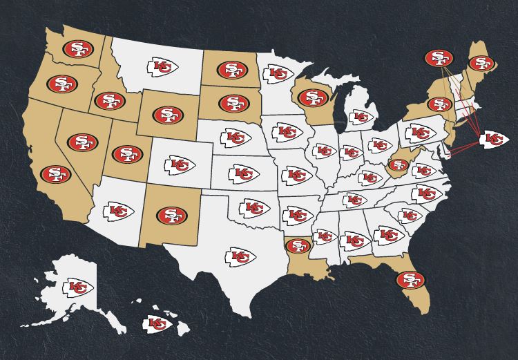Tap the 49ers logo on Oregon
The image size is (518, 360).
[x=61, y=84]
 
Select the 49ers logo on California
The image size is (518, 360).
[x=55, y=174]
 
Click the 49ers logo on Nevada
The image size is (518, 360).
[x=83, y=143]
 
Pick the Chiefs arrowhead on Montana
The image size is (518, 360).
[x=162, y=67]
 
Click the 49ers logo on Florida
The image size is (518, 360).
[x=410, y=280]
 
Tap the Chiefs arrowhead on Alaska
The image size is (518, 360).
[x=78, y=287]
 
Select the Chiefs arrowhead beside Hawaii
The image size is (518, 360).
[x=157, y=323]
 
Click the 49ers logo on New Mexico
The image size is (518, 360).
[x=171, y=215]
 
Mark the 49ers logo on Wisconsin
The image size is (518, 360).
[x=312, y=97]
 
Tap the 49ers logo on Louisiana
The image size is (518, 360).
[x=299, y=245]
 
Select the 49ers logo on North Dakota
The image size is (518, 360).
[x=232, y=70]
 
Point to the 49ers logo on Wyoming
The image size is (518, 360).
[x=168, y=114]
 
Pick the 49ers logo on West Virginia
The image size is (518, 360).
[x=397, y=164]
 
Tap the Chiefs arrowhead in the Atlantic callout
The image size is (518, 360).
[x=494, y=139]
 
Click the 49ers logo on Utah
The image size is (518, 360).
[x=126, y=153]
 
